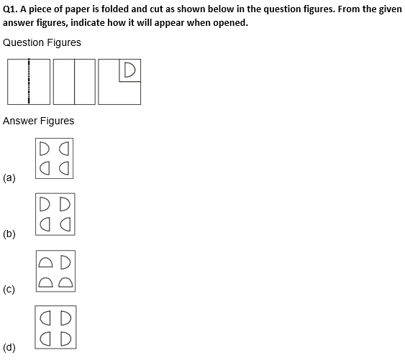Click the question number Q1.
coord(10,9)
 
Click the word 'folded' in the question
coord(114,9)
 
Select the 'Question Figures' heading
coord(42,42)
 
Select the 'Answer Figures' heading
coord(38,121)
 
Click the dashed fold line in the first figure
coord(29,81)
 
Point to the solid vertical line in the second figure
coord(74,82)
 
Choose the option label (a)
coord(9,177)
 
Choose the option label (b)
coord(9,234)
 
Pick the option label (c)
coord(9,290)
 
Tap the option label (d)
coord(9,347)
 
